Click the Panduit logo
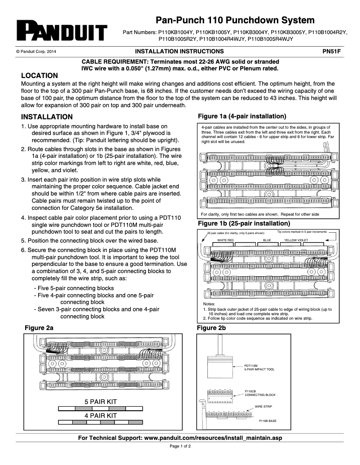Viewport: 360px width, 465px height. tap(61, 30)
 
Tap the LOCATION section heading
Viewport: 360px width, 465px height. tap(40, 76)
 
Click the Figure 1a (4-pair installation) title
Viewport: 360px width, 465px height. tap(242, 116)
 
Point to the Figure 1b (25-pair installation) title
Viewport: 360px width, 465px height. tap(244, 223)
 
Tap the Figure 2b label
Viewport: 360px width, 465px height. tap(211, 328)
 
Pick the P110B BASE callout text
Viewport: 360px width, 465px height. tap(268, 421)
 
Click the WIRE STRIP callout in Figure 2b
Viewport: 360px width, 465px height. tap(263, 407)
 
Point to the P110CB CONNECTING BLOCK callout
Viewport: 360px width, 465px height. tap(260, 393)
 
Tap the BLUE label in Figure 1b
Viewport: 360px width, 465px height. tap(267, 240)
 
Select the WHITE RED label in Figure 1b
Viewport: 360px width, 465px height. tap(226, 240)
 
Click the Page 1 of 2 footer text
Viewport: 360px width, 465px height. tap(180, 447)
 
